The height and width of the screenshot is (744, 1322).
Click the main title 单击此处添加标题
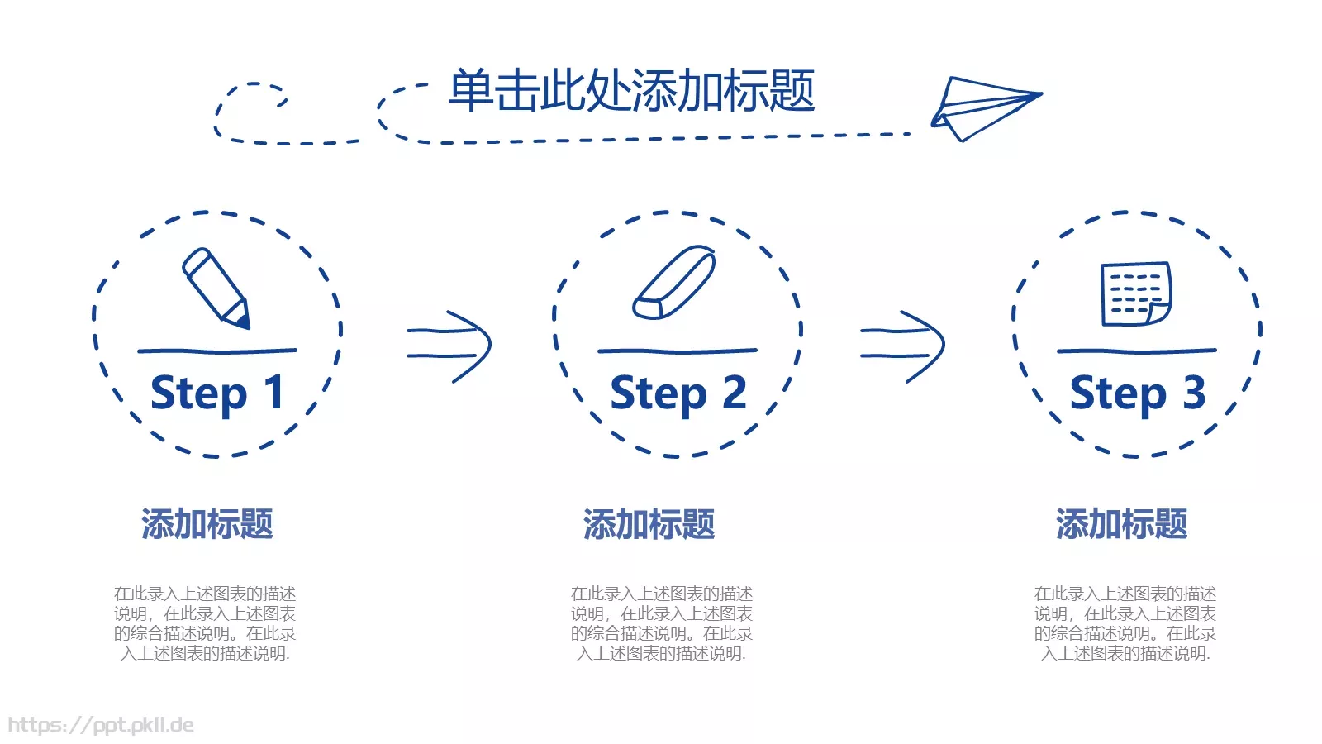point(631,91)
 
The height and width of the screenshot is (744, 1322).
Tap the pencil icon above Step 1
point(215,288)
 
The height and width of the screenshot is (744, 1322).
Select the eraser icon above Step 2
point(674,282)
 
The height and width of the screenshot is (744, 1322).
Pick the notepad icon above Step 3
point(1136,294)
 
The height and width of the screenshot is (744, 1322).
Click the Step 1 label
point(216,393)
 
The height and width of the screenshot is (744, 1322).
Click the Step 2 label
point(678,393)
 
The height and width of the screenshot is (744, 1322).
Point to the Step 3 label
point(1137,393)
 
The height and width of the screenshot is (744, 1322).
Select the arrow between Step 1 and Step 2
point(450,346)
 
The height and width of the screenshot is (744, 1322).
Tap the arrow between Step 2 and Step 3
point(903,346)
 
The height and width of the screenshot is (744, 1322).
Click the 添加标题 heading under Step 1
point(207,524)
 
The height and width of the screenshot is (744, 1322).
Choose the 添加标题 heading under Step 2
point(649,524)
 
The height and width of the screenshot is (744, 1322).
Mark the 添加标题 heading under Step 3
point(1121,524)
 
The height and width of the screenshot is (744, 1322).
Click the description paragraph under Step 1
point(205,623)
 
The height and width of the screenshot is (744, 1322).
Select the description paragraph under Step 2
point(662,623)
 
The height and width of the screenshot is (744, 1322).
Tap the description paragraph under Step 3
point(1125,623)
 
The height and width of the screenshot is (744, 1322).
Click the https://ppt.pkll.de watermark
point(101,725)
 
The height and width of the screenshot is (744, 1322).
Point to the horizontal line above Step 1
point(216,351)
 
